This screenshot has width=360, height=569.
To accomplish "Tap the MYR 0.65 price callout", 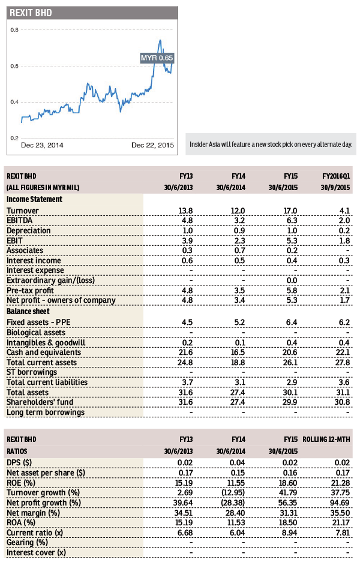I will coord(157,58).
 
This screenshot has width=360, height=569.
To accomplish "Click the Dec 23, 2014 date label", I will coord(42,145).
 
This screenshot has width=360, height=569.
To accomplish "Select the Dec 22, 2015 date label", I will coord(152,145).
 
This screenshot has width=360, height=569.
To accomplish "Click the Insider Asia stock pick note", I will coord(271,144).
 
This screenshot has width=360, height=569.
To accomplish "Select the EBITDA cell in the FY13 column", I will coord(187,221).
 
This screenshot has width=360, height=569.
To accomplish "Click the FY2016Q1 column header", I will coord(335,176).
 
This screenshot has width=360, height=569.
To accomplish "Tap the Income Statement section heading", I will coord(34,199).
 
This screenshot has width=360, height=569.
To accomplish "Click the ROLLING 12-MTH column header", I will coord(327,439).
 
